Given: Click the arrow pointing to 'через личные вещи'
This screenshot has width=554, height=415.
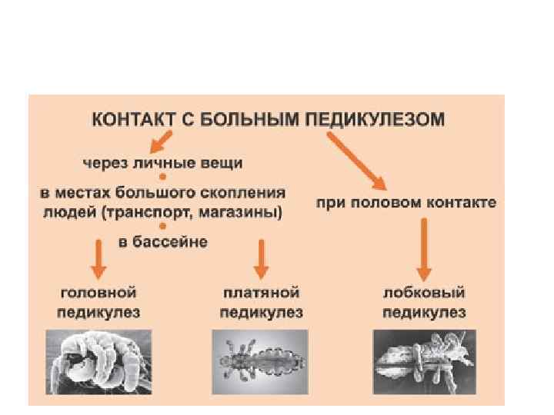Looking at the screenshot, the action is (161, 141).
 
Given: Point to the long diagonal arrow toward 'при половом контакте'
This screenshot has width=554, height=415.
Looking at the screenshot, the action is (357, 160).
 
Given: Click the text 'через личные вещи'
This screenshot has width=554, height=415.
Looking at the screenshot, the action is (162, 164).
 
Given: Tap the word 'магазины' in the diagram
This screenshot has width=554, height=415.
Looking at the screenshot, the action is (242, 211).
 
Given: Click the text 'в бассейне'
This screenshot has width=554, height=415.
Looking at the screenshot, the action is (162, 242).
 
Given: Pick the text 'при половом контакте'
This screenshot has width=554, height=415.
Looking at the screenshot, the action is (406, 204).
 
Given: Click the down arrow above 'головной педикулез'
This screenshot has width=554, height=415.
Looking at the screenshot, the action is (98, 258).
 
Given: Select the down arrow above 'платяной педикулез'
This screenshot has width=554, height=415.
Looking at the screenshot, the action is (261, 258).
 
